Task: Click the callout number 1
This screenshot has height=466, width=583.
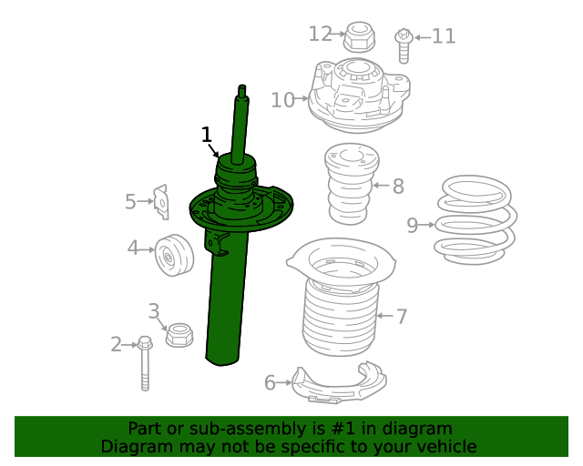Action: [x=206, y=136]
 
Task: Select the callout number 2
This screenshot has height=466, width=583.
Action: [x=117, y=344]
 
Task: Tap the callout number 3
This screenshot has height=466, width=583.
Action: [x=154, y=311]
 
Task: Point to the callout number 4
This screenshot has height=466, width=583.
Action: [x=133, y=248]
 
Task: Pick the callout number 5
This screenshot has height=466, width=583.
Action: [x=130, y=201]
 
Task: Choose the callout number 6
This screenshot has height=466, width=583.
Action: [x=270, y=383]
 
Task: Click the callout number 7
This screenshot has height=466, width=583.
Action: [x=401, y=317]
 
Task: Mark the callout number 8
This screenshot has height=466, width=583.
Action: [x=397, y=187]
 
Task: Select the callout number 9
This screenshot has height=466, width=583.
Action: [x=412, y=225]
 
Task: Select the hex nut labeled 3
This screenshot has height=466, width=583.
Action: [x=179, y=334]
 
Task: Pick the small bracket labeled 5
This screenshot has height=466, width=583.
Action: [x=162, y=202]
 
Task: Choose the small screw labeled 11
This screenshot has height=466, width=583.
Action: [x=403, y=45]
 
